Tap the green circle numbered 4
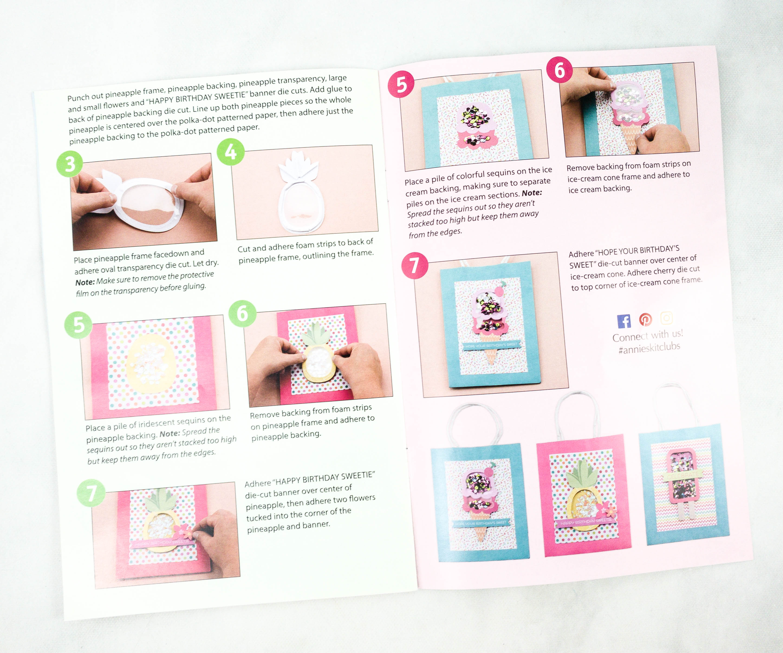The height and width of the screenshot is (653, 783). [x=231, y=152]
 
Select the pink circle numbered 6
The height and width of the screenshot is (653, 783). [x=559, y=70]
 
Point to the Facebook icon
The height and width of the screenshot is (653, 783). [x=624, y=321]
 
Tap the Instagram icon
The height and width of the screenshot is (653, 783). [x=667, y=318]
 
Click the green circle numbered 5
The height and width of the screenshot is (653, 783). [x=78, y=325]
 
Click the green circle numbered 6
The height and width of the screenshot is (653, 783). [x=242, y=313]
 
